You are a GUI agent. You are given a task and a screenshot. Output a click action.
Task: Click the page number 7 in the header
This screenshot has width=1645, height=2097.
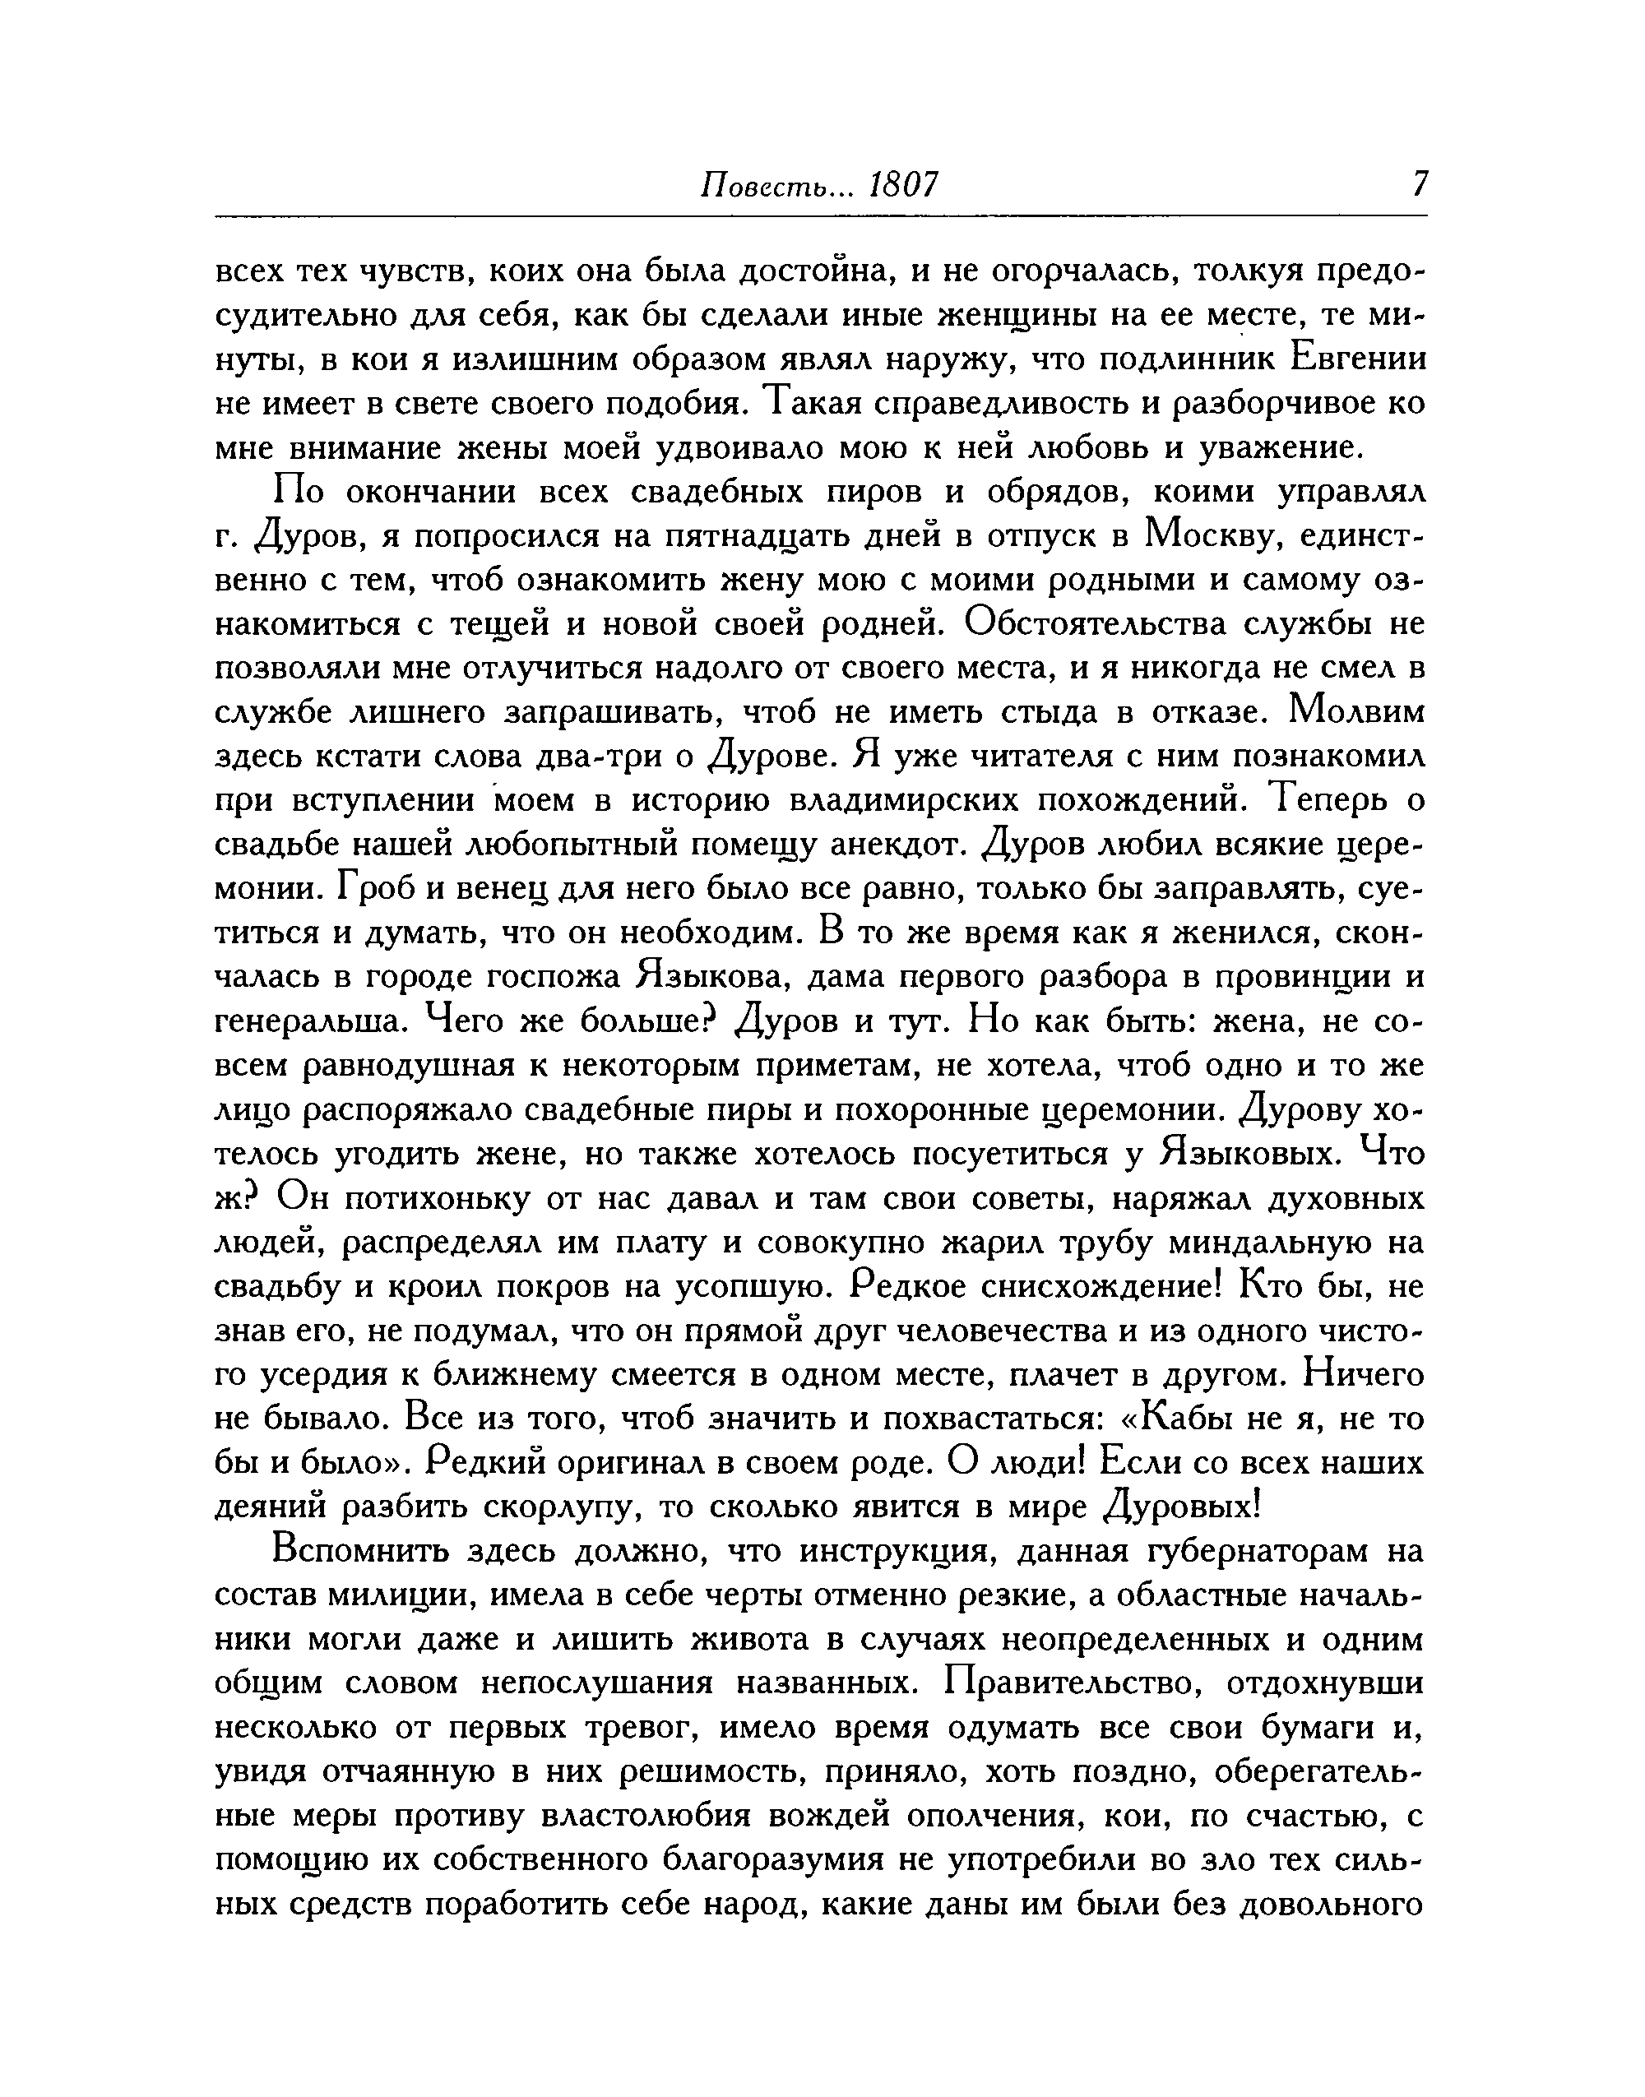click(1419, 184)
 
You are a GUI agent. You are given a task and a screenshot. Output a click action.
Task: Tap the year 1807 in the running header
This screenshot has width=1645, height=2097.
click(901, 184)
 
